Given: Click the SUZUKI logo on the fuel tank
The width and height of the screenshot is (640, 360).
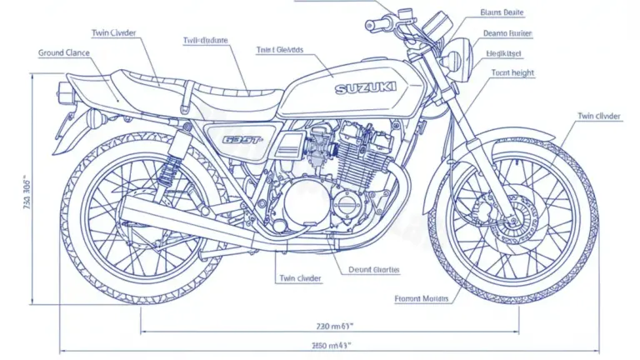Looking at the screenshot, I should [x=367, y=87].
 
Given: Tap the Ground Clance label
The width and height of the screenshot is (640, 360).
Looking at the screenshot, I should [x=64, y=52].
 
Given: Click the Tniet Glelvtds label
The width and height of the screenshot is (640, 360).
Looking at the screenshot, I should [x=280, y=50].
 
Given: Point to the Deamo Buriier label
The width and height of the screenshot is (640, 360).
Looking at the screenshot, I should [x=507, y=33].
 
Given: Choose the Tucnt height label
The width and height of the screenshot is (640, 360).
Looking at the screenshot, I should [x=510, y=72].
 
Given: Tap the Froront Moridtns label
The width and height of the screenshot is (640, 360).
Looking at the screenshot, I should [x=422, y=297].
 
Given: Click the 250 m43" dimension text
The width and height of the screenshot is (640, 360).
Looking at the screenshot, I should [x=331, y=344].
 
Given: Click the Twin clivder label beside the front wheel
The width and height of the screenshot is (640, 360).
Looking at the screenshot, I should [x=598, y=116].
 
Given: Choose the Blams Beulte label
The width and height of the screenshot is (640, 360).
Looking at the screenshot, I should [x=502, y=12].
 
